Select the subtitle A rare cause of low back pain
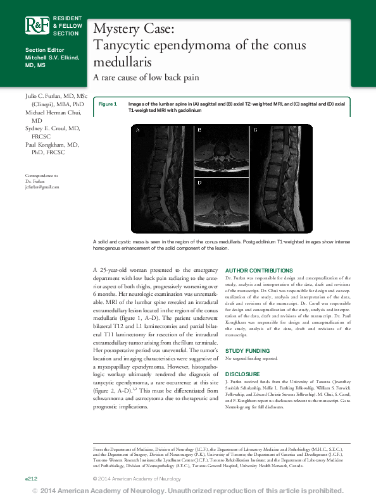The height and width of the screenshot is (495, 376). pos(146,78)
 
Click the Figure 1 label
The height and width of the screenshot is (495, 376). pos(108,104)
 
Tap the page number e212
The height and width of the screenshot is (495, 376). pos(31,479)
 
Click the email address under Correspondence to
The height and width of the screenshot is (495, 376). pos(42,187)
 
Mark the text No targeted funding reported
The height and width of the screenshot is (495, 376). pos(252,358)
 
